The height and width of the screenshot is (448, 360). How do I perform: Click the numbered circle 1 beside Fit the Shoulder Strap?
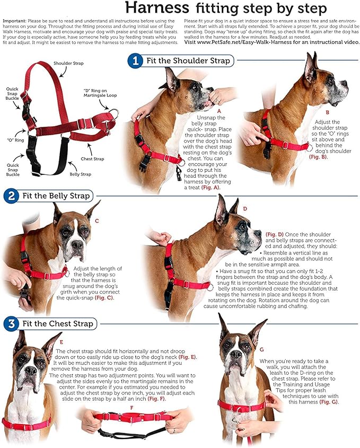pos(135,61)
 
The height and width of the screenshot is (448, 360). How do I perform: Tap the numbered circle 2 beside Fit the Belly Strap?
pos(10,196)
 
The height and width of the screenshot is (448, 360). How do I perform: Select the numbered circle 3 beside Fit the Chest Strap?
pos(10,323)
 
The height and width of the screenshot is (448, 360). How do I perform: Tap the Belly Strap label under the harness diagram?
pos(80,173)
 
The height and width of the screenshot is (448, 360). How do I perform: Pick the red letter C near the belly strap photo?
pos(95,220)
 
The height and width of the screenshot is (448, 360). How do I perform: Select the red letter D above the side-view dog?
pos(245,208)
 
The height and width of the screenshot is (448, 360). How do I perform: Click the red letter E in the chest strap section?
pos(61,342)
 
